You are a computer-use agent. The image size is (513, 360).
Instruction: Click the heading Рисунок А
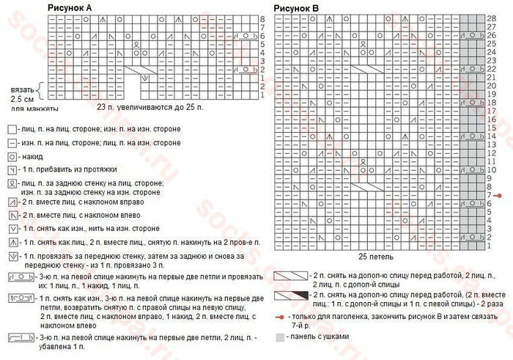click(x=70, y=7)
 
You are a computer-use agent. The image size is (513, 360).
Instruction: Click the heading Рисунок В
click(x=296, y=8)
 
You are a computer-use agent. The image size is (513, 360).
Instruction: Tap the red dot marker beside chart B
click(x=498, y=195)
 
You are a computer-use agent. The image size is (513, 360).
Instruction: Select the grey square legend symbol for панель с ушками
click(x=280, y=337)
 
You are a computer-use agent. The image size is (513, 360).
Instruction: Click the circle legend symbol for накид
click(x=12, y=157)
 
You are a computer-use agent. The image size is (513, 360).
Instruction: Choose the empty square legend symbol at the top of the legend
click(x=12, y=129)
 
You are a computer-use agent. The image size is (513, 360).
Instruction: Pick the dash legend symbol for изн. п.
click(x=12, y=143)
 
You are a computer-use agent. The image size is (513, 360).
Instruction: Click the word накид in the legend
click(x=32, y=157)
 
